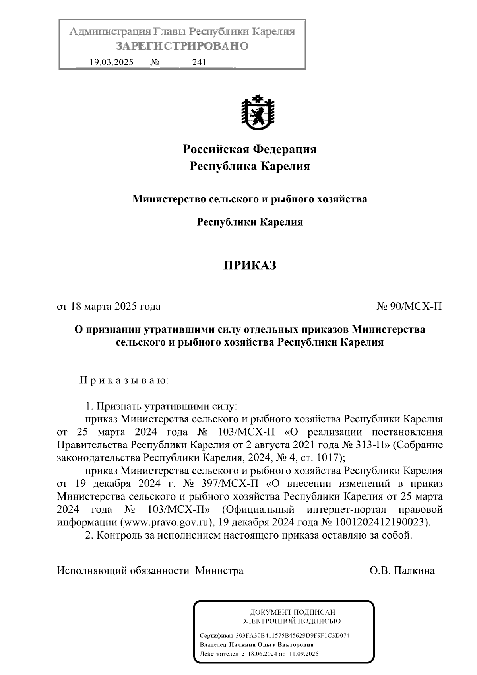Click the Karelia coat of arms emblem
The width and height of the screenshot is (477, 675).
(257, 113)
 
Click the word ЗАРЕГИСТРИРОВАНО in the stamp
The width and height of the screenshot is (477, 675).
(182, 46)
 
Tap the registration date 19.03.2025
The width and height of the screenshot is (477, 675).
(112, 62)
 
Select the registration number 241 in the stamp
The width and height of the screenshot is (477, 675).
(199, 62)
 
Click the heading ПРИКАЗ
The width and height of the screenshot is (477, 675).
(249, 265)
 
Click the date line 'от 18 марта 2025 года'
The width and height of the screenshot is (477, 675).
(109, 307)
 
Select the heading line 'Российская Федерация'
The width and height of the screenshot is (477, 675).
(250, 150)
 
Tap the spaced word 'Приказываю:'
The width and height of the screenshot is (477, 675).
(124, 381)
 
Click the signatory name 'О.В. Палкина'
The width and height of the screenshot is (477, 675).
(402, 571)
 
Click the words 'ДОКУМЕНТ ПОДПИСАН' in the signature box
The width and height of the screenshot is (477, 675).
(292, 612)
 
